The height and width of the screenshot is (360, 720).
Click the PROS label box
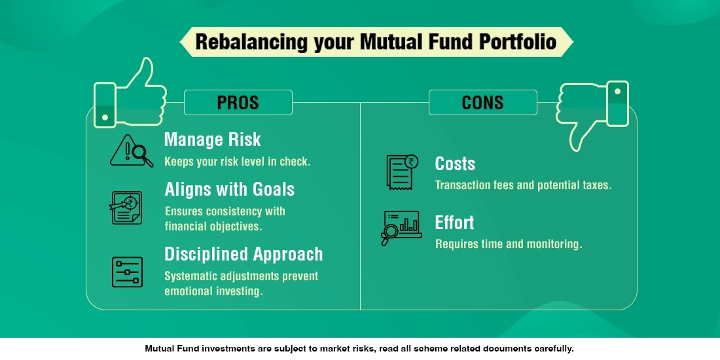coord(238,103)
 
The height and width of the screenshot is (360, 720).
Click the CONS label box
coord(482,103)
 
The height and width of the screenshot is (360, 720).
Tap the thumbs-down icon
coord(592,111)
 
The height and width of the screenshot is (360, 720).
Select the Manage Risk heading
coord(212,139)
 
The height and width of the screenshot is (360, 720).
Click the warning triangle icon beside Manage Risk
coord(131,150)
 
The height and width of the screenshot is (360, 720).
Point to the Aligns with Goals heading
coord(229,189)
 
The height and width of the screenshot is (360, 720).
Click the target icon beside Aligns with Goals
coord(126,207)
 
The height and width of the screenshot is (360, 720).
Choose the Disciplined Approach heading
coord(243,254)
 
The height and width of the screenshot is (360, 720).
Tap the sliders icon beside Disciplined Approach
coord(127,272)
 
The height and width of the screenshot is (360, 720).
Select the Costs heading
coord(455,164)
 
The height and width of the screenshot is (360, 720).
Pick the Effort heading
coord(454,223)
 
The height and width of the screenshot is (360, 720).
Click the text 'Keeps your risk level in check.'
coord(237,162)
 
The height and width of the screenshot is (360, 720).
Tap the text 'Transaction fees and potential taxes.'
coord(523,185)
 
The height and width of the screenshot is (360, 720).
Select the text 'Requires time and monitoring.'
coord(509,244)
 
